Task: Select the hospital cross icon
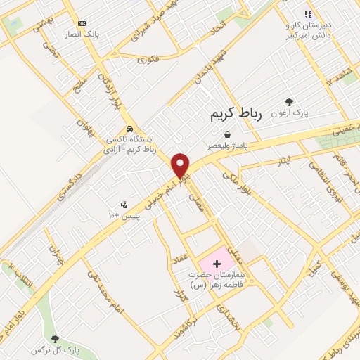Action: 216,262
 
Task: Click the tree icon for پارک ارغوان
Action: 289,102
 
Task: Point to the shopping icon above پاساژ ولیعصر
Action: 226,134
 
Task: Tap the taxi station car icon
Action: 129,129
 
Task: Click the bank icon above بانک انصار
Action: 82,23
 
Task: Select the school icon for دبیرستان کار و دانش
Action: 307,14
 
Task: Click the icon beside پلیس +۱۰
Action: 124,205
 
